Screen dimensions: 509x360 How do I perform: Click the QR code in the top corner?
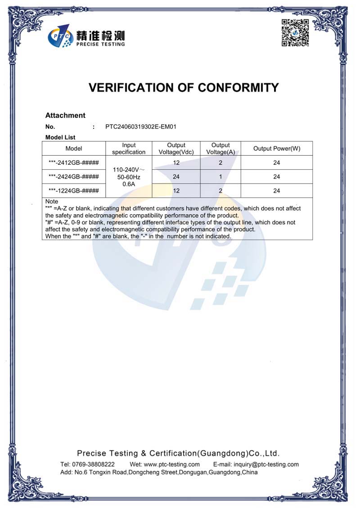coord(295,33)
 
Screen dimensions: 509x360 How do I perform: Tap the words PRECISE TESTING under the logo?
coord(100,44)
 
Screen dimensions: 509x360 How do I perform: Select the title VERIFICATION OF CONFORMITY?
coord(184,87)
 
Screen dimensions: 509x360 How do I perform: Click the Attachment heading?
coord(65,116)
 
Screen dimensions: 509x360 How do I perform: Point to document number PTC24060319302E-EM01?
coord(141,127)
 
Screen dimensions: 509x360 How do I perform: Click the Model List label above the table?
coord(60,137)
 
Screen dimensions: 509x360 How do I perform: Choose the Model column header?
coord(74,149)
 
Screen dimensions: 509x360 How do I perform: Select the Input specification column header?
coord(129,149)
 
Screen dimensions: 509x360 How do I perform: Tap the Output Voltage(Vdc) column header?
coord(176,149)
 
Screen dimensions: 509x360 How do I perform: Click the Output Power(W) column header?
coord(276,149)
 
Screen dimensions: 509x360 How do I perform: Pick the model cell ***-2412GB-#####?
coord(74,163)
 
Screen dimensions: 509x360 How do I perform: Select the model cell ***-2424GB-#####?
coord(74,177)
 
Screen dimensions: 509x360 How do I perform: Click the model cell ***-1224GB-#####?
coord(74,191)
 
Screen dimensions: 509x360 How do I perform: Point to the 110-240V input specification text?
coord(129,170)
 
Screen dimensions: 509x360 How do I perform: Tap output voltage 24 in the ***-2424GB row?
coord(176,177)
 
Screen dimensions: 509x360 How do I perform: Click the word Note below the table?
coord(52,202)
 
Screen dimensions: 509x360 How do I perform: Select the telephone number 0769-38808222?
coord(94,464)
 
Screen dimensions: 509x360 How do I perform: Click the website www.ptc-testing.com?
coord(171,464)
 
